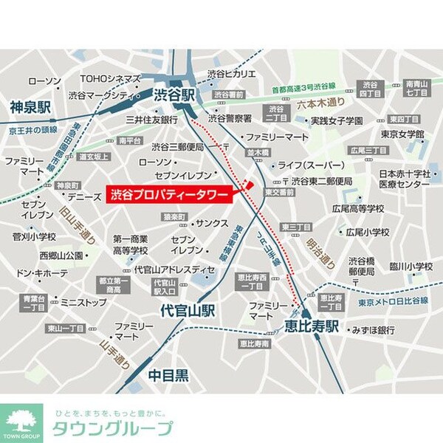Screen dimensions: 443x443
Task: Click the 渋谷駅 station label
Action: [x=174, y=95]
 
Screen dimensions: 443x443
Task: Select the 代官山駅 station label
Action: [x=188, y=310]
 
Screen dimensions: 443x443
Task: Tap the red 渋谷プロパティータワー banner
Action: [x=169, y=195]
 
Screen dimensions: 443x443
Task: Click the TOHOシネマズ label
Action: [x=110, y=79]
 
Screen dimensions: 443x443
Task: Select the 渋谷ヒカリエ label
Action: [x=231, y=75]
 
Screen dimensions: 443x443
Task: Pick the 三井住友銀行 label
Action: [x=152, y=120]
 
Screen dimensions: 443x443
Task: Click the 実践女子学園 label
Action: [x=337, y=120]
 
